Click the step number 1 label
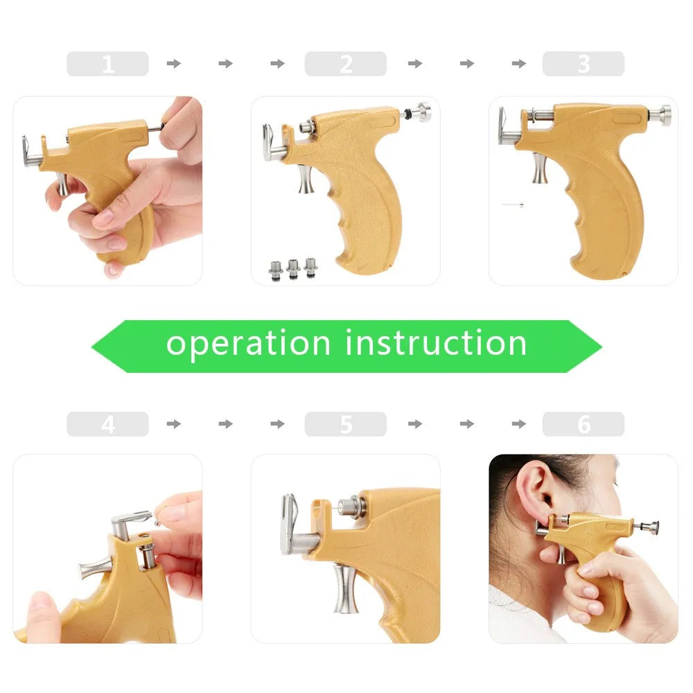(x=107, y=64)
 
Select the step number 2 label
(x=345, y=64)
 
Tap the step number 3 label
(x=583, y=64)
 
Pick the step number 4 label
(x=107, y=424)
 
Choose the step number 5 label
(x=345, y=424)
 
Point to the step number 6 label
(x=583, y=424)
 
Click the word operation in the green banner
(x=248, y=344)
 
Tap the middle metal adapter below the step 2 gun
(x=293, y=267)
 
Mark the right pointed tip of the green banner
(x=600, y=346)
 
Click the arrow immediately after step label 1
(x=174, y=64)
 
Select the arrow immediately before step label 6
(x=519, y=424)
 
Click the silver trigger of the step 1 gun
(x=62, y=184)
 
